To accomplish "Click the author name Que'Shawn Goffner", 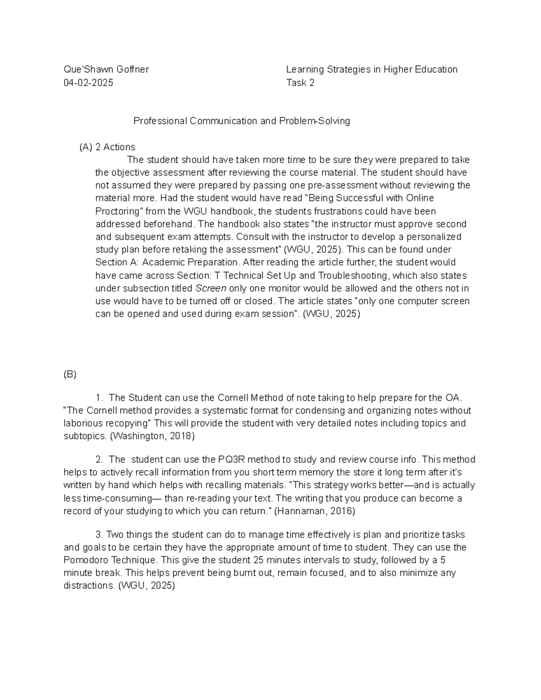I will pyautogui.click(x=106, y=69).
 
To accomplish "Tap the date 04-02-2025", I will pyautogui.click(x=88, y=82).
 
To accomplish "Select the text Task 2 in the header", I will pyautogui.click(x=300, y=82).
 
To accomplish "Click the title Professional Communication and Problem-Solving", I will pyautogui.click(x=242, y=121).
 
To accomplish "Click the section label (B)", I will pyautogui.click(x=70, y=375).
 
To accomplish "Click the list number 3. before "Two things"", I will pyautogui.click(x=100, y=535).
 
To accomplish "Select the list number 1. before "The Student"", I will pyautogui.click(x=100, y=398).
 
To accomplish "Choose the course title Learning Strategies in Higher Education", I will pyautogui.click(x=372, y=69).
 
